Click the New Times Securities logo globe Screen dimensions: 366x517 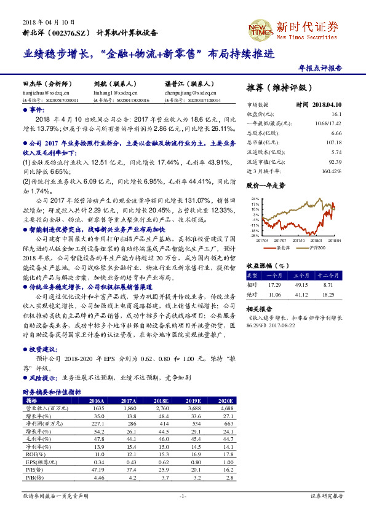coord(259,27)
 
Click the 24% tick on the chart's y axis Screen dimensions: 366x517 coord(254,199)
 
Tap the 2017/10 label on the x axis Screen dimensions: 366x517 coord(300,240)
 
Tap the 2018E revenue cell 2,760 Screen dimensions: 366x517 coord(160,407)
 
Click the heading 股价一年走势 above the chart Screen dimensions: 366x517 coord(266,185)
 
